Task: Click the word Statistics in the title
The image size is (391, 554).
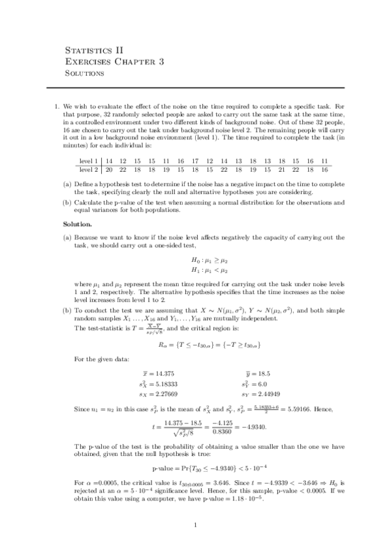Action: (x=89, y=50)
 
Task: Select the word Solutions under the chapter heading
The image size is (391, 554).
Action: (x=86, y=74)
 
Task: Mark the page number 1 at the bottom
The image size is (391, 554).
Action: (x=196, y=525)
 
